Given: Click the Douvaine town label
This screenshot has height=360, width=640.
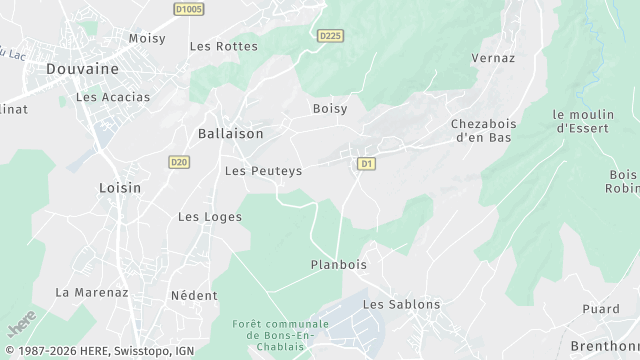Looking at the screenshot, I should pos(82,69).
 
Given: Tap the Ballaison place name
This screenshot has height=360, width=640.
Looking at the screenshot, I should pos(230,133).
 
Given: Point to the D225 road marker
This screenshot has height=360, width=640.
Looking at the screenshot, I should pos(330,36).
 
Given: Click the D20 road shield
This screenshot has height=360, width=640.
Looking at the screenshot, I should pos(179,161).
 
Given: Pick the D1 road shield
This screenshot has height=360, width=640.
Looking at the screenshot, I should pos(366,162).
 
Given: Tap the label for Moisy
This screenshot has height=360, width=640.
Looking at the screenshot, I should pos(146,38).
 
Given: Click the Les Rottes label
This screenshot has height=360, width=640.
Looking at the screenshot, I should pos(223,46).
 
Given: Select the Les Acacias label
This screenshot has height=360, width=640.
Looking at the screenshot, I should pos(112,97).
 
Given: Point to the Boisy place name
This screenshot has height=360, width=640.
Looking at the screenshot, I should pos(329,108).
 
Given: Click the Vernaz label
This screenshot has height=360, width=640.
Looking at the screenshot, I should pos(492,59).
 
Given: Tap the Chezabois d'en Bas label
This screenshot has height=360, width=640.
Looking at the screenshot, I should pos(482,130).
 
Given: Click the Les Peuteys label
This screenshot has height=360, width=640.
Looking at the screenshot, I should pos(263,171).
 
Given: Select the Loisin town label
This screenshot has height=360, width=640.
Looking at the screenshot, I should pos(120,187).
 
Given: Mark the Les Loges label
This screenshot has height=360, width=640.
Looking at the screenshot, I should pos(203,216).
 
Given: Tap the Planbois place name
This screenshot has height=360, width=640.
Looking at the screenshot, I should pos(339,265).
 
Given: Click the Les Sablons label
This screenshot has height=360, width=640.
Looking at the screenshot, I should pos(401,304).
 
